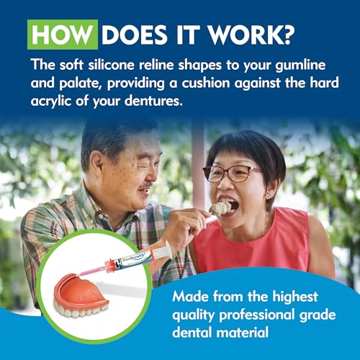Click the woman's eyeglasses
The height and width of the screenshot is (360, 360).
[x=232, y=174]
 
